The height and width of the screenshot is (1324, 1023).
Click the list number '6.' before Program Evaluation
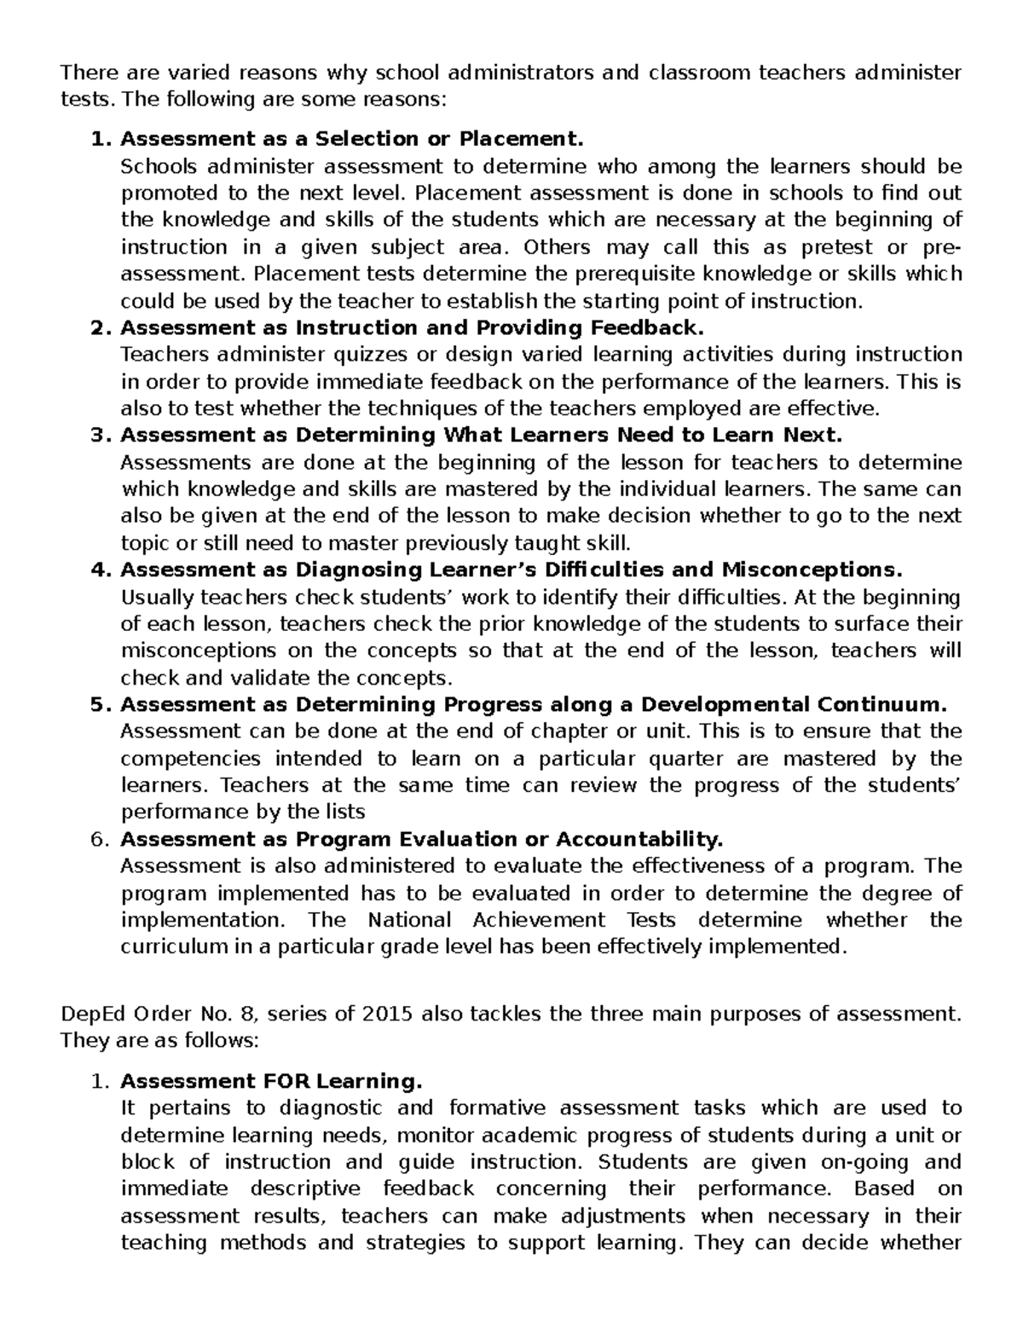[101, 840]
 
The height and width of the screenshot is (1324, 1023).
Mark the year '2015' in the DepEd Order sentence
[389, 1014]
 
